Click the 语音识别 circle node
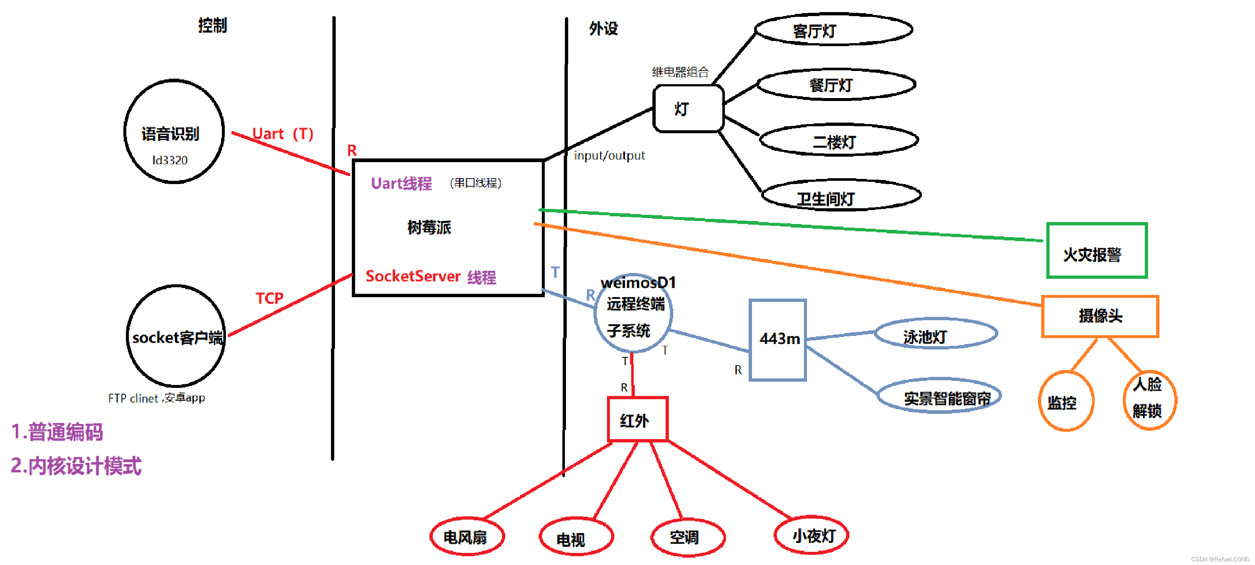tap(174, 131)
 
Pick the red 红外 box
tap(637, 419)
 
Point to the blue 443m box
tap(778, 340)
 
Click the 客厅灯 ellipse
tap(833, 30)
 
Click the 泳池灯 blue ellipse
tap(935, 334)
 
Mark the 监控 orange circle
tap(1066, 401)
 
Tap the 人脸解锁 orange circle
tap(1149, 399)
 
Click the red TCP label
tap(269, 298)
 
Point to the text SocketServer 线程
tap(431, 277)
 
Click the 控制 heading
tap(212, 25)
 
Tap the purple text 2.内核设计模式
tap(76, 465)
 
